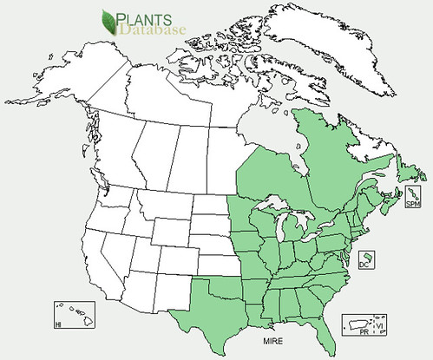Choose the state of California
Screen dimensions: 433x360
95,260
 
